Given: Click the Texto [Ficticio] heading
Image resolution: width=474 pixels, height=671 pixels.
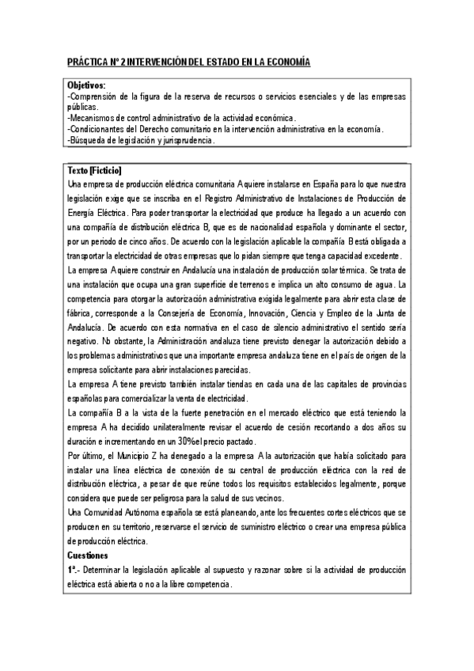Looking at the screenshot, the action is tap(96, 171).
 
